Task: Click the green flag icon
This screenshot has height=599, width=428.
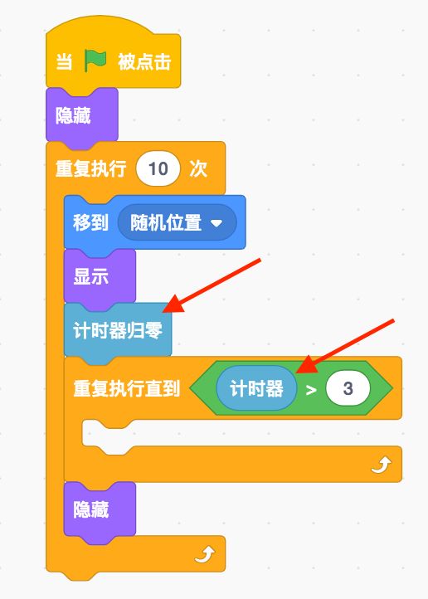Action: point(95,61)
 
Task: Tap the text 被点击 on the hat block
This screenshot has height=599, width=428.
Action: point(144,62)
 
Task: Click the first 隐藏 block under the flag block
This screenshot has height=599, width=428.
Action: point(82,115)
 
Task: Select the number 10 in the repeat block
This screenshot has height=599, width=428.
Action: point(158,168)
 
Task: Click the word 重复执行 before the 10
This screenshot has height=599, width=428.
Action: point(91,168)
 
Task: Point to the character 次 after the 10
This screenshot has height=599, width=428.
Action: point(198,168)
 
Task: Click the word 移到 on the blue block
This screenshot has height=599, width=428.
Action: point(91,222)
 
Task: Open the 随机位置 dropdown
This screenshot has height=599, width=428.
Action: point(177,222)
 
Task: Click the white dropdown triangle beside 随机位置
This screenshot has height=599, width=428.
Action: point(216,222)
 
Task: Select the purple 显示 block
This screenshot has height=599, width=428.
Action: point(100,276)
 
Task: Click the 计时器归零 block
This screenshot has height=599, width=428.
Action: point(118,330)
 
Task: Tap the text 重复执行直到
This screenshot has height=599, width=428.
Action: point(126,388)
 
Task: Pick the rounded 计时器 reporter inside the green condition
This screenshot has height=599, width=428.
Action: point(256,388)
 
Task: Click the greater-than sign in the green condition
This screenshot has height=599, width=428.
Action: point(311,390)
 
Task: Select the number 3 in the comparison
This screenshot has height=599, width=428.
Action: point(348,388)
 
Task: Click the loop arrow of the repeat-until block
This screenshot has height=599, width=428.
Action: point(381,465)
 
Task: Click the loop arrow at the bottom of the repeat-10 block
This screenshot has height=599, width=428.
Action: point(205,554)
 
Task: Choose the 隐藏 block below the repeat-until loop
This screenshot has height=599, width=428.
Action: point(100,509)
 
